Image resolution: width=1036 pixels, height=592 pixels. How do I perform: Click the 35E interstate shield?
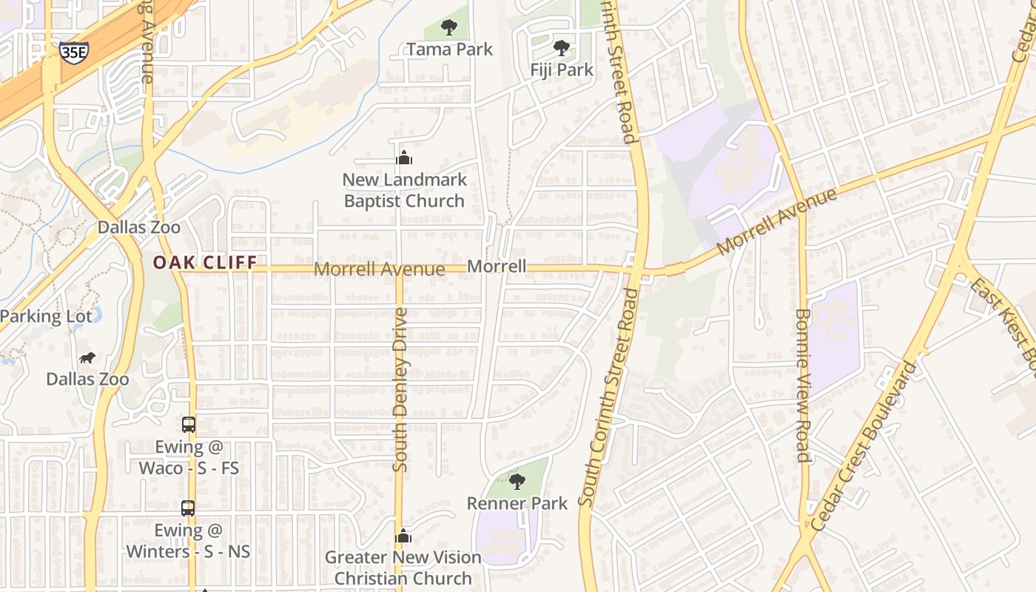click(x=73, y=52)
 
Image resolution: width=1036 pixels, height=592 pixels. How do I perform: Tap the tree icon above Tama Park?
click(x=448, y=28)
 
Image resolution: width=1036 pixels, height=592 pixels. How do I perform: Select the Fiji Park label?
click(x=562, y=70)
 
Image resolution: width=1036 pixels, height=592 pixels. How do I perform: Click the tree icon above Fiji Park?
click(x=562, y=48)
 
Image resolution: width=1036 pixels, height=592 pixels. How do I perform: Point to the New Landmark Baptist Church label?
click(x=404, y=190)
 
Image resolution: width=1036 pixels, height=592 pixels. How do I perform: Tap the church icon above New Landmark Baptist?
click(x=404, y=158)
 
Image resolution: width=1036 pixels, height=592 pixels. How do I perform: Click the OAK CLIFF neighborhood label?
click(x=205, y=262)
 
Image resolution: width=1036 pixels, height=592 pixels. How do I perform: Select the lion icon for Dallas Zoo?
click(x=87, y=358)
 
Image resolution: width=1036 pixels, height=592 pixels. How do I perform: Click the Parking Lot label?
click(x=46, y=317)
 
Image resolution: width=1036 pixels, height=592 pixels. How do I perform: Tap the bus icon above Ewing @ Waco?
click(x=188, y=425)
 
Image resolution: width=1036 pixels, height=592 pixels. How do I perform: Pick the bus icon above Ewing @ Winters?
click(x=188, y=508)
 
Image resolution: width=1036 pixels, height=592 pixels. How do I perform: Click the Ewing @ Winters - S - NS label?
click(x=188, y=541)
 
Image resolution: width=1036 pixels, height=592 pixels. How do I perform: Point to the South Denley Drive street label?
click(x=400, y=390)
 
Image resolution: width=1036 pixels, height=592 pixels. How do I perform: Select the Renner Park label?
click(x=517, y=503)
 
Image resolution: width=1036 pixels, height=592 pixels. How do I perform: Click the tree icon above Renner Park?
click(x=517, y=482)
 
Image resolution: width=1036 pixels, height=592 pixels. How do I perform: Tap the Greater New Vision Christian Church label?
click(x=403, y=568)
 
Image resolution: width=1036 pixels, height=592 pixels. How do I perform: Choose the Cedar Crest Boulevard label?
click(x=864, y=445)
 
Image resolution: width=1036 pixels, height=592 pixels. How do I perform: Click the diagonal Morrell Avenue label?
click(x=777, y=221)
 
